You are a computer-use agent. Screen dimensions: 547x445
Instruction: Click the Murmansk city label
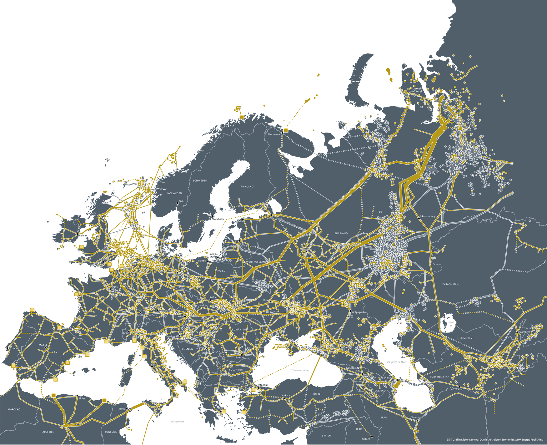[x=274, y=134]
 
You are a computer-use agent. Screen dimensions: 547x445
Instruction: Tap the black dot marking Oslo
[x=178, y=203]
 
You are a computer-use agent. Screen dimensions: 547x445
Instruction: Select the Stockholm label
[x=218, y=219]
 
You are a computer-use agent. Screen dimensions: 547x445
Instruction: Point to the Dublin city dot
[x=78, y=234]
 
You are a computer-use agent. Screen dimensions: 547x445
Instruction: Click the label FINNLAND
[x=247, y=187]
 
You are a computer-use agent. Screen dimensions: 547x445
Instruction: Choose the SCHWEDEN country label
[x=200, y=181]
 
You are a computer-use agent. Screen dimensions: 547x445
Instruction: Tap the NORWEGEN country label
[x=174, y=194]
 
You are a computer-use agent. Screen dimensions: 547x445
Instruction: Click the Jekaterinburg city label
[x=427, y=216]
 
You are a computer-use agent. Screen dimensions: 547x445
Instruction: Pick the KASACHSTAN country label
[x=450, y=285]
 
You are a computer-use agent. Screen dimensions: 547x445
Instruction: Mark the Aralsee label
[x=451, y=324]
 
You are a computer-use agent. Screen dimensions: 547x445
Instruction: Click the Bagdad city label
[x=366, y=439]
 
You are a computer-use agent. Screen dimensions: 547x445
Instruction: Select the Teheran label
[x=416, y=417]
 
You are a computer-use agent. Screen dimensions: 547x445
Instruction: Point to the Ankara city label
[x=286, y=396]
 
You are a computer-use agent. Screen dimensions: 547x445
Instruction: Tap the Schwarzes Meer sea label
[x=300, y=370]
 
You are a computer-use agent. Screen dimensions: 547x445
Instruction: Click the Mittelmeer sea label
[x=177, y=422]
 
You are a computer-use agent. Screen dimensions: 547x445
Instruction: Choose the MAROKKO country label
[x=14, y=409]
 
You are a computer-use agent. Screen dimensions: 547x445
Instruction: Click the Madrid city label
[x=43, y=345]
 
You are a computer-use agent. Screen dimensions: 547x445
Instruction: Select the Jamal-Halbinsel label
[x=417, y=90]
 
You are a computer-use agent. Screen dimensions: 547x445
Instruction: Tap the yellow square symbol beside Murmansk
[x=286, y=130]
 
